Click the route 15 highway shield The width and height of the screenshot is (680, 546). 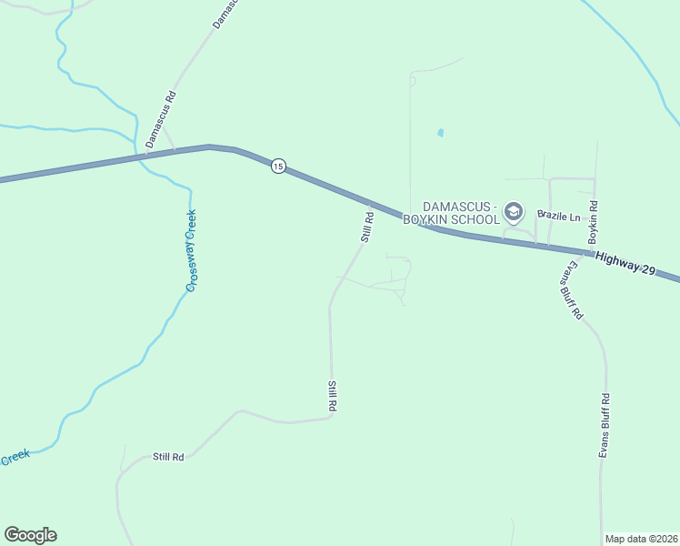tap(278, 166)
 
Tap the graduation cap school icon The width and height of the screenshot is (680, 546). tap(514, 213)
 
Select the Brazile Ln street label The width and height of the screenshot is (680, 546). tap(558, 216)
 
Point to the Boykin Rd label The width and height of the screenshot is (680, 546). tap(592, 222)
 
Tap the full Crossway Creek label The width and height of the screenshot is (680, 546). tap(191, 250)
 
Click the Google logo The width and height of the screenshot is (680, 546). tap(30, 535)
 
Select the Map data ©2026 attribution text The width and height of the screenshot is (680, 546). tap(640, 539)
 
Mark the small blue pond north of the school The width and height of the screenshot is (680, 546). tap(441, 133)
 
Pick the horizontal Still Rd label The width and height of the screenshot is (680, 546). tap(168, 457)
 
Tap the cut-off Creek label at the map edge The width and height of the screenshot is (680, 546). tap(15, 459)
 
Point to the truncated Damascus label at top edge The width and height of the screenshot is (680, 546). tap(225, 14)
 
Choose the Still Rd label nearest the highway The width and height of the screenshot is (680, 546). tap(367, 227)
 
